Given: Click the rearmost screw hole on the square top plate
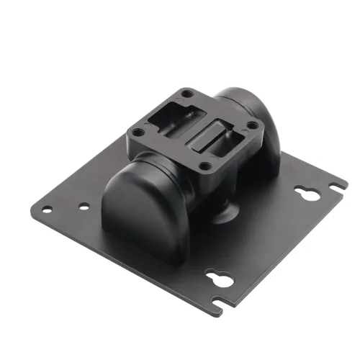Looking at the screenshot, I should tap(186, 94).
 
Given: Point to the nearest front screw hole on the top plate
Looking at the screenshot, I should tap(206, 166).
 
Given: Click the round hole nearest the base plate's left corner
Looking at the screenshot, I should tap(47, 210).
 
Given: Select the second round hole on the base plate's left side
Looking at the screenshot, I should tap(84, 207).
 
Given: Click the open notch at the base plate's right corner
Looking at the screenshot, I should tap(334, 186).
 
